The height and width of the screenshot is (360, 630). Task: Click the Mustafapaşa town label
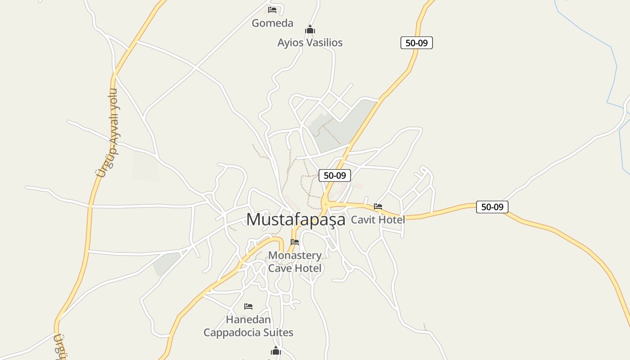point(296,219)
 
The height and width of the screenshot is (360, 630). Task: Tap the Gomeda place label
point(272,23)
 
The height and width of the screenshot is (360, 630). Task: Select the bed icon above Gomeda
point(272,9)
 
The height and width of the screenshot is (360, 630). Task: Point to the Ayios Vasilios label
point(310,43)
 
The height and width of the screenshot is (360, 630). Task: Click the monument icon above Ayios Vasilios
point(310,30)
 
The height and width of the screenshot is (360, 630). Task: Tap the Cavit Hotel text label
point(378,220)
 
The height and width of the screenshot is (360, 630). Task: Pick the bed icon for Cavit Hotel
point(378,207)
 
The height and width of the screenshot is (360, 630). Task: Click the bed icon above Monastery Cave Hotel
point(295,242)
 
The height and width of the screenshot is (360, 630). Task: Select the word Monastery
point(295,256)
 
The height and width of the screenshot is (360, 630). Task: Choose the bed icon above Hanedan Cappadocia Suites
point(248,306)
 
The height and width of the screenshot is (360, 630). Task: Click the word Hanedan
point(248,319)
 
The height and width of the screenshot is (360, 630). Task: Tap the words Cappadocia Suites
point(248,333)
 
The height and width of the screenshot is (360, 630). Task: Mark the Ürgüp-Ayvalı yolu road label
point(108,133)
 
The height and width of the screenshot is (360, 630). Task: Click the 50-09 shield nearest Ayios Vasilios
point(416,43)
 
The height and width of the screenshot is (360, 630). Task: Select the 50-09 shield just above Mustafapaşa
point(334,175)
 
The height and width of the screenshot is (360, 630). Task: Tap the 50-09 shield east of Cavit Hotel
point(492,207)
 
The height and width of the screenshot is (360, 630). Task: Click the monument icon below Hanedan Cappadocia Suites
point(276,351)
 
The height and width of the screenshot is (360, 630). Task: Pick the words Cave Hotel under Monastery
point(295,268)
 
